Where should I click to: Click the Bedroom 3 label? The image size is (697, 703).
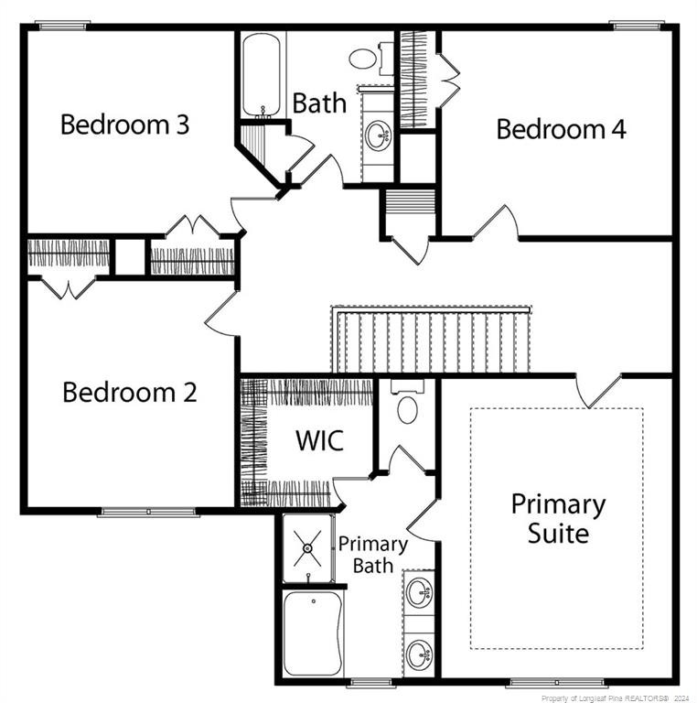pyautogui.click(x=125, y=124)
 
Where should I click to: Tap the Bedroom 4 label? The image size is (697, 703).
pyautogui.click(x=561, y=129)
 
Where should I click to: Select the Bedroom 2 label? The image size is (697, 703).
pyautogui.click(x=130, y=392)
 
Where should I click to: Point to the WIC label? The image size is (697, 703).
pyautogui.click(x=320, y=440)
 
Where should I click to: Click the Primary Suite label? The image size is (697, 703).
pyautogui.click(x=558, y=518)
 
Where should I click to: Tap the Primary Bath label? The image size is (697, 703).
pyautogui.click(x=372, y=555)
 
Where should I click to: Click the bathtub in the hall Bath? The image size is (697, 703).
pyautogui.click(x=262, y=75)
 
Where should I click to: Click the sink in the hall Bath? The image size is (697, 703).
pyautogui.click(x=378, y=135)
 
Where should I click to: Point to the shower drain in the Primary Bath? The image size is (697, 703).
pyautogui.click(x=307, y=548)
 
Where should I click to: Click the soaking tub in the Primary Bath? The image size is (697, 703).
pyautogui.click(x=313, y=633)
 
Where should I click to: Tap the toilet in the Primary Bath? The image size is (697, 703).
pyautogui.click(x=408, y=401)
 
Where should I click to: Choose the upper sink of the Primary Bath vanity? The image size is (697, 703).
pyautogui.click(x=419, y=592)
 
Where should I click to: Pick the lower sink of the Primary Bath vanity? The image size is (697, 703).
pyautogui.click(x=419, y=655)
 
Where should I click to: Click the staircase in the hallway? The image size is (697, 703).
pyautogui.click(x=431, y=340)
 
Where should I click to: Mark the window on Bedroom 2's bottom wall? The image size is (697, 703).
pyautogui.click(x=148, y=512)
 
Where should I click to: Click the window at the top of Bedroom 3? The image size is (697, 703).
pyautogui.click(x=63, y=26)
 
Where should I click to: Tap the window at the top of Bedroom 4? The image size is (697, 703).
pyautogui.click(x=636, y=26)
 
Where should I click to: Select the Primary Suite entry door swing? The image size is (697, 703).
pyautogui.click(x=598, y=390)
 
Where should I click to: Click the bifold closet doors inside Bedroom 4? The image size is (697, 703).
pyautogui.click(x=449, y=81)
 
